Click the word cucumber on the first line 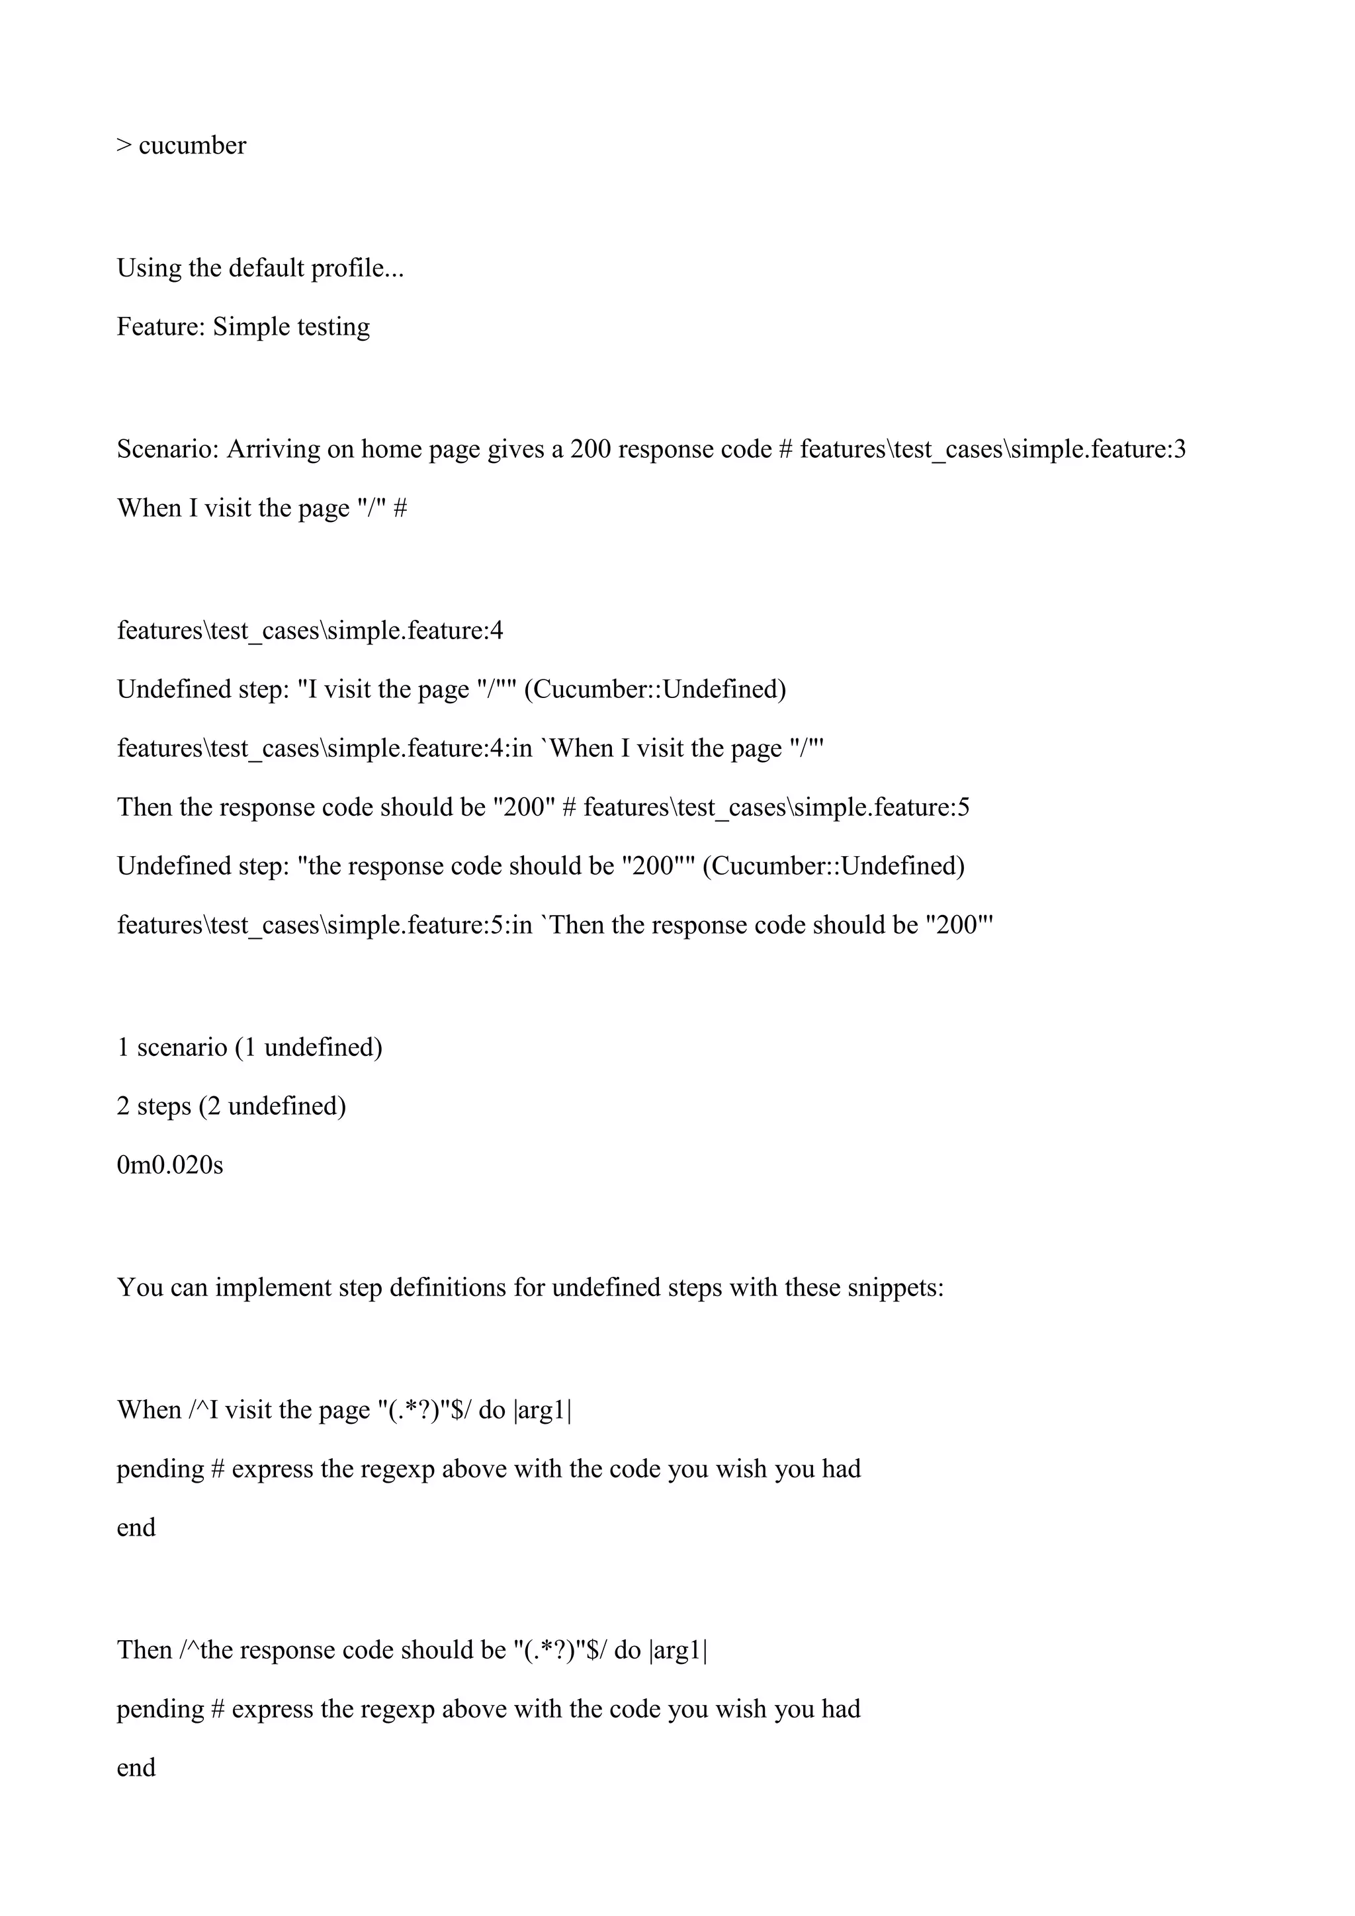[x=192, y=146]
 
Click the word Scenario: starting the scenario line [x=167, y=450]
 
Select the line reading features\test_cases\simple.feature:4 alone [x=310, y=631]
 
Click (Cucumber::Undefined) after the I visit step [x=655, y=689]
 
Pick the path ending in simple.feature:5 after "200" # [x=776, y=808]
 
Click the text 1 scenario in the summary [x=172, y=1047]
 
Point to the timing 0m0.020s [x=170, y=1165]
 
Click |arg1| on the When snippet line [x=543, y=1411]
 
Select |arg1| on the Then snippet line [x=677, y=1651]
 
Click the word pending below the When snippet [x=160, y=1469]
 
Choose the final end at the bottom [x=136, y=1767]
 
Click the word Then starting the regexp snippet [x=144, y=1651]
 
